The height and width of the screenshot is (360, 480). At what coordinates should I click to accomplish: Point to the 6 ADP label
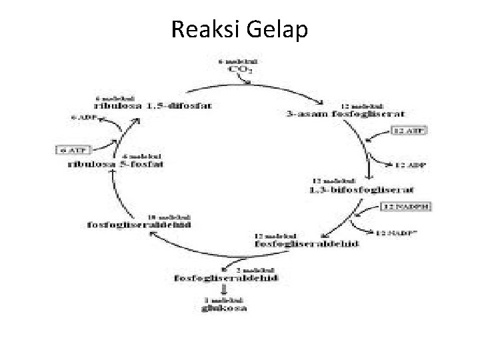click(x=84, y=118)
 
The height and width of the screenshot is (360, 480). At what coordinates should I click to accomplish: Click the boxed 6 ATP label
click(x=69, y=149)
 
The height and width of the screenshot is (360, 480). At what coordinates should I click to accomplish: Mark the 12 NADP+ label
click(x=396, y=233)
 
